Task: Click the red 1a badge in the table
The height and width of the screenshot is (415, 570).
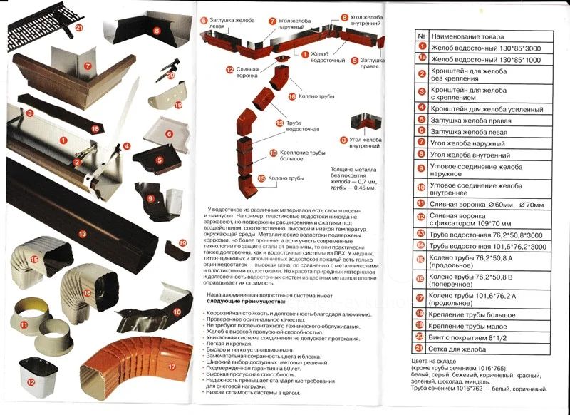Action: [x=421, y=60]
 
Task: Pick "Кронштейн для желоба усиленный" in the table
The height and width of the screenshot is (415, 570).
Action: [x=487, y=108]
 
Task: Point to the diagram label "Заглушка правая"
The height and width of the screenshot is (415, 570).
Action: [x=371, y=65]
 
